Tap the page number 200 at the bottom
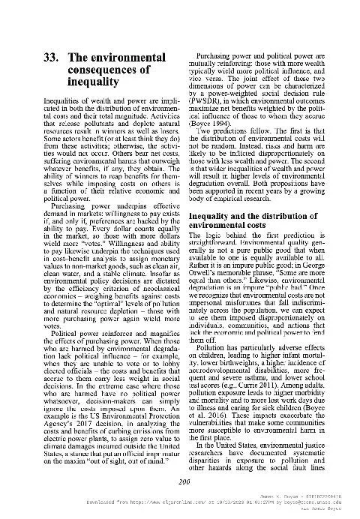(179, 481)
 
